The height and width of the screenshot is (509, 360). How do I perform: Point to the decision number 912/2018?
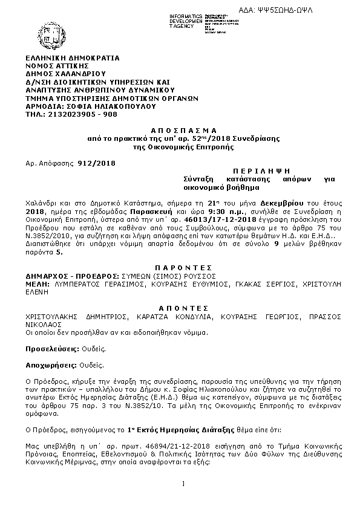(x=96, y=164)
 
